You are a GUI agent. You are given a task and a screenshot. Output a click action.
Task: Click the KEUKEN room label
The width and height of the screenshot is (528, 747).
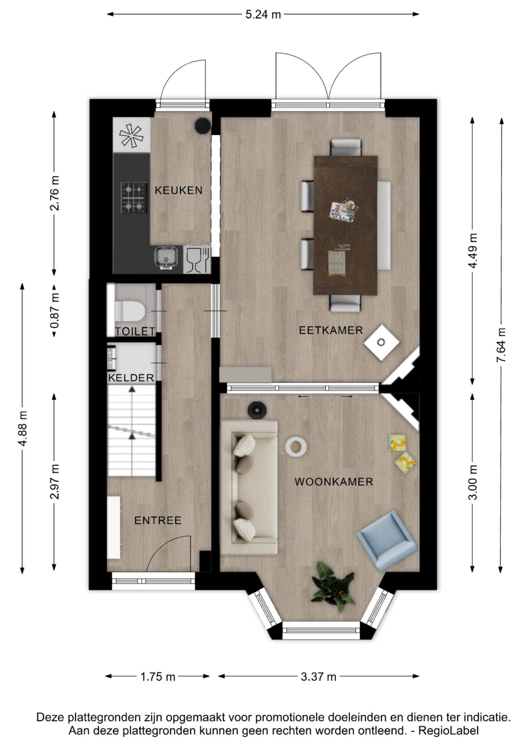tap(178, 190)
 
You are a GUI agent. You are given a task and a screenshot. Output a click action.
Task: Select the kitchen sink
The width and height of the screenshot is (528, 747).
tap(166, 258)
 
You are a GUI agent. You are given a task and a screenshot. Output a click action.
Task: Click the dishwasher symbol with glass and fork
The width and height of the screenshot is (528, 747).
tap(197, 259)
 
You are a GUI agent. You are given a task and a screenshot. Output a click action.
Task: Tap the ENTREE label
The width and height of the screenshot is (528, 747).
tap(158, 520)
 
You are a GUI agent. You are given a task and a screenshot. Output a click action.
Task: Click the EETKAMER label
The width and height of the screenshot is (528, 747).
tap(331, 330)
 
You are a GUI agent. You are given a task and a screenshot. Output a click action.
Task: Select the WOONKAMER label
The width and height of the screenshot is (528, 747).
tap(333, 481)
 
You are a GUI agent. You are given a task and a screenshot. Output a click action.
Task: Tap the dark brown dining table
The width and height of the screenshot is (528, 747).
tap(345, 225)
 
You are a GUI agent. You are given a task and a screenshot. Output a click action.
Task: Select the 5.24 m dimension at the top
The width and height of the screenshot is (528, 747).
tap(263, 14)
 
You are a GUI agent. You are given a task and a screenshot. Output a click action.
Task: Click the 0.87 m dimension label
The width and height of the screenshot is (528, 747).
tap(54, 310)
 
